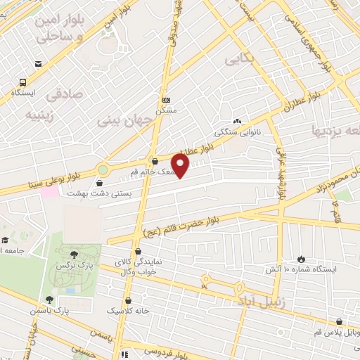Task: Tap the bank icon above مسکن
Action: [x=165, y=100]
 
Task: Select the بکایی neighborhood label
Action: [x=238, y=60]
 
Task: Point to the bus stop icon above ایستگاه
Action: [x=24, y=82]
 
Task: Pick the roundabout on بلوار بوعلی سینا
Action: [x=103, y=169]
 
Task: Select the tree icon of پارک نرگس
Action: [x=75, y=253]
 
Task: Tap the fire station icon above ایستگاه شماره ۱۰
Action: [x=302, y=259]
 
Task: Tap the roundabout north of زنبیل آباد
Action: [x=206, y=279]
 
